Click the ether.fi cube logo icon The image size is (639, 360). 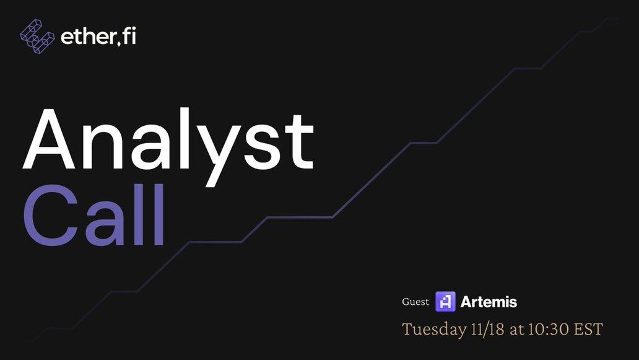pyautogui.click(x=37, y=37)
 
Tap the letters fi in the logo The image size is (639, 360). pyautogui.click(x=129, y=36)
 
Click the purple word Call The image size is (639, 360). pyautogui.click(x=94, y=214)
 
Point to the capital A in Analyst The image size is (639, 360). pyautogui.click(x=48, y=139)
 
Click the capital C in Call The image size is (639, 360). pyautogui.click(x=51, y=215)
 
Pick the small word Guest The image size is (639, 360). pyautogui.click(x=415, y=302)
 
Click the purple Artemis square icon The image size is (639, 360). pyautogui.click(x=445, y=302)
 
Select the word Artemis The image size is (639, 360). pyautogui.click(x=489, y=302)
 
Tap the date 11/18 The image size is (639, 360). pyautogui.click(x=488, y=329)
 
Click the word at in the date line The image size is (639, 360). pyautogui.click(x=517, y=330)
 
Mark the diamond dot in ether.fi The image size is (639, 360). pyautogui.click(x=119, y=43)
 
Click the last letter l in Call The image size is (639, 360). pyautogui.click(x=158, y=214)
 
